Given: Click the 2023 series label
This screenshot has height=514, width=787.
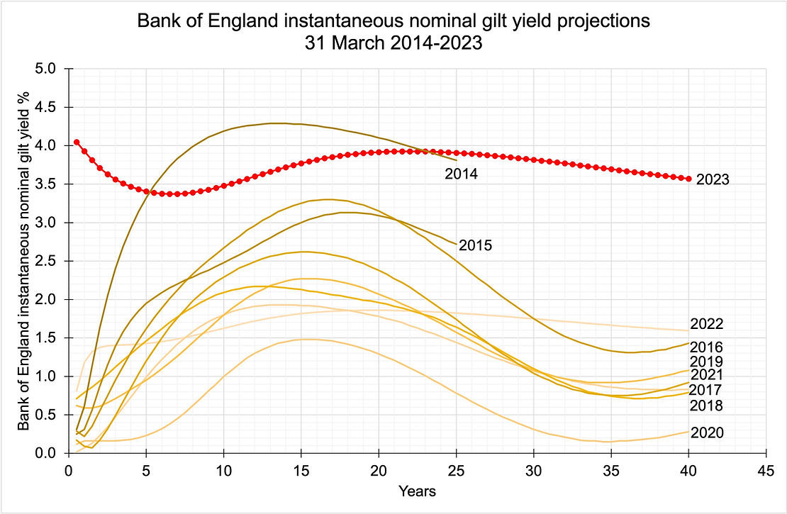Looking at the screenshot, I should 713,179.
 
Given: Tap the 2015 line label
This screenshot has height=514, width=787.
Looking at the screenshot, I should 476,246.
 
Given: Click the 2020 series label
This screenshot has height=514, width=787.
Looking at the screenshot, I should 707,432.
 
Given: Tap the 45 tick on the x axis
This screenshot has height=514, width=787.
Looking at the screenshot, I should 766,470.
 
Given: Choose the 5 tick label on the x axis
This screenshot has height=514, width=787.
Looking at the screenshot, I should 145,470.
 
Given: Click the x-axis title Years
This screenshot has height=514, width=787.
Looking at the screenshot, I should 417,491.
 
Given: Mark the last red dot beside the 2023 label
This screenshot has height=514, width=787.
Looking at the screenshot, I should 688,179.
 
